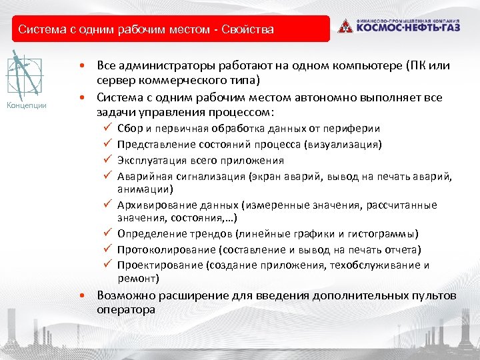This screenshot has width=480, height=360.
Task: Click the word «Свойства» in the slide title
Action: pos(247,30)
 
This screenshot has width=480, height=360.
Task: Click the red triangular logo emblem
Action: pos(345,26)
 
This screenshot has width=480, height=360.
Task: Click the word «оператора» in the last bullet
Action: pos(126,310)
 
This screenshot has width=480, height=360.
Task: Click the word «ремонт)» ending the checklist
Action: pos(138,279)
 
